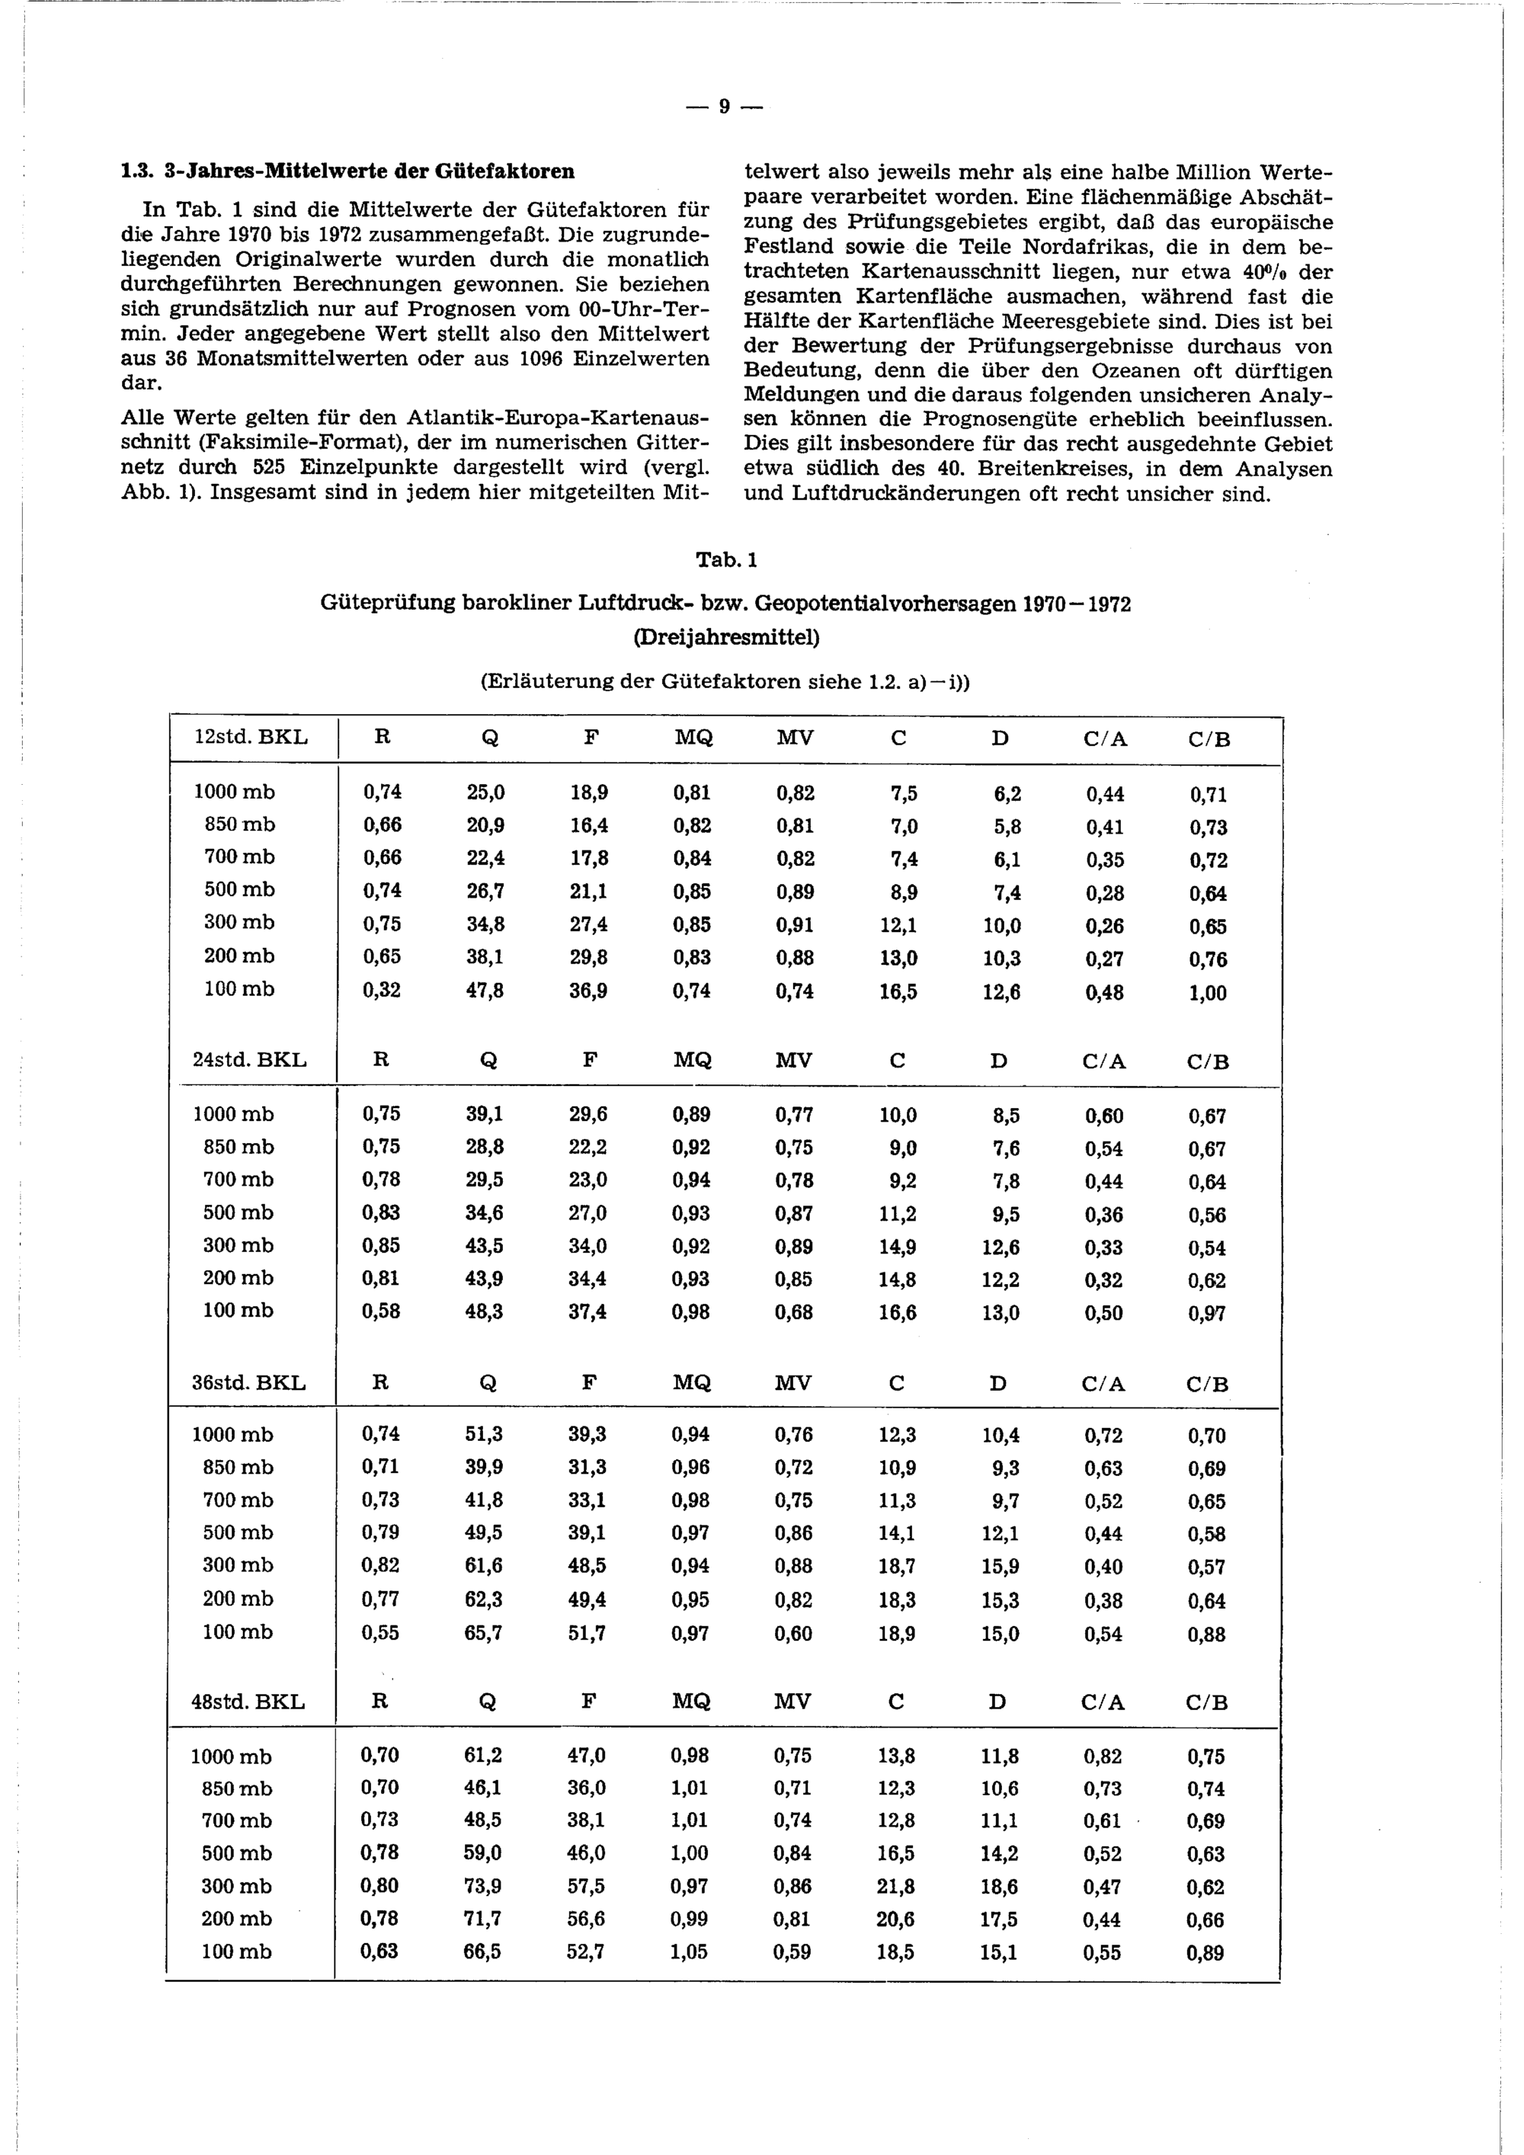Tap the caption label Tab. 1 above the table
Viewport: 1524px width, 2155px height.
(725, 560)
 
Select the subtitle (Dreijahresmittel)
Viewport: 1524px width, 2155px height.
(725, 637)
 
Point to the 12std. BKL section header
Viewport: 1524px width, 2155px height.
(251, 738)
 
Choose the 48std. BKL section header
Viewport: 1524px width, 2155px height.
(248, 1702)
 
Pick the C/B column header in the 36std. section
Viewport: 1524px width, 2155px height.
(1207, 1384)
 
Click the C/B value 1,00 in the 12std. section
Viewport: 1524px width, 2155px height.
(1207, 993)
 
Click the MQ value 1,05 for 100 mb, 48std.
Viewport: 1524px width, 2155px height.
(689, 1952)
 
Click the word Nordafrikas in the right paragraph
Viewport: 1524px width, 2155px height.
(1077, 247)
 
